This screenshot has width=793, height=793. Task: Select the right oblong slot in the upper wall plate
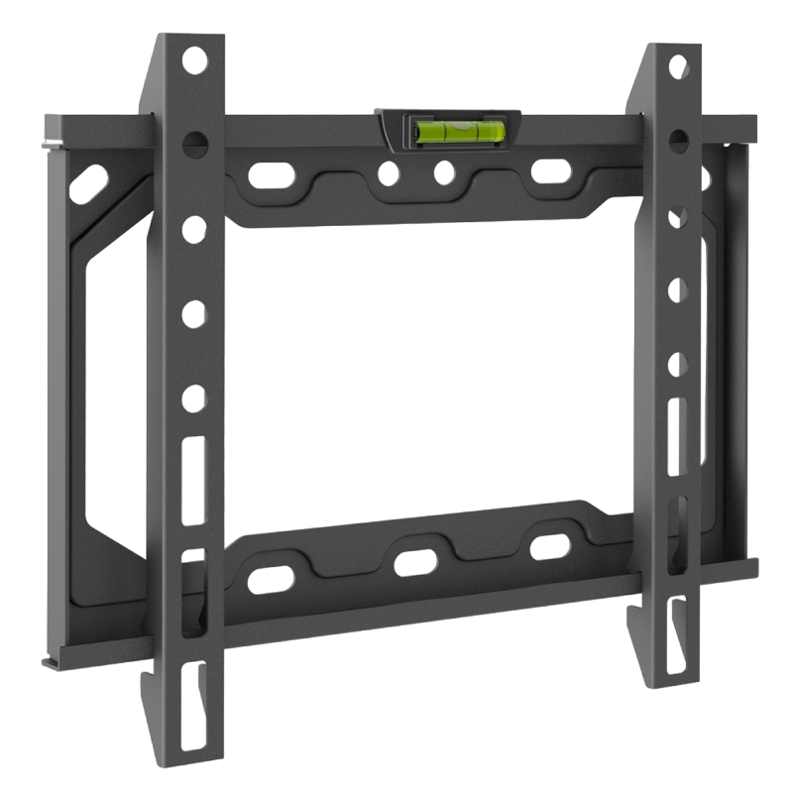pyautogui.click(x=547, y=169)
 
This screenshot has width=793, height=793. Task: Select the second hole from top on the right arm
pyautogui.click(x=679, y=135)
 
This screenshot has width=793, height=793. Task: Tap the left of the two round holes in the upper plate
pyautogui.click(x=381, y=177)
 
